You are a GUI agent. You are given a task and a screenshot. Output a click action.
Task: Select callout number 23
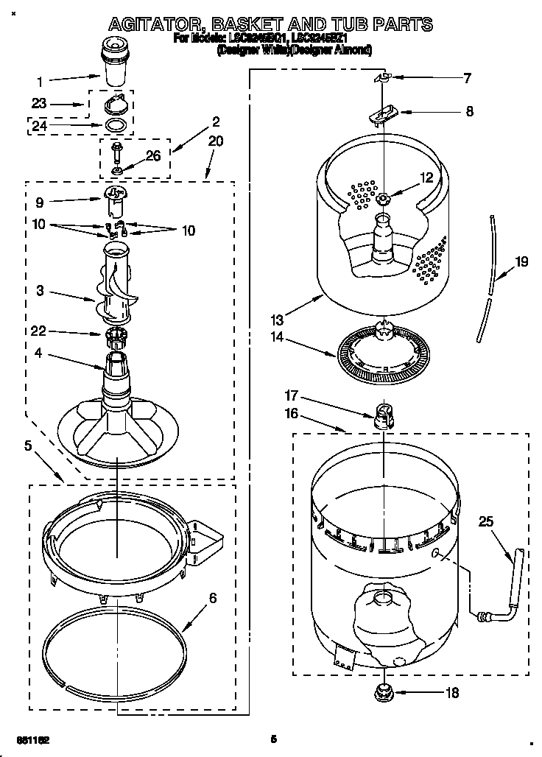point(40,104)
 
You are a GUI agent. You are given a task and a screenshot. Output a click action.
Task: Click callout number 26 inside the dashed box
point(152,155)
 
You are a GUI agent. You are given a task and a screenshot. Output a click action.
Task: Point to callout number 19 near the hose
point(522,261)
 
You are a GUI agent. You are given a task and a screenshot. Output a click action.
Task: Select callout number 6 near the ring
point(212,598)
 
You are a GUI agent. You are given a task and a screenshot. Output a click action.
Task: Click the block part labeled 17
point(381,417)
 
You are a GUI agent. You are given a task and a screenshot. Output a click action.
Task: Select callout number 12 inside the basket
point(427,177)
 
